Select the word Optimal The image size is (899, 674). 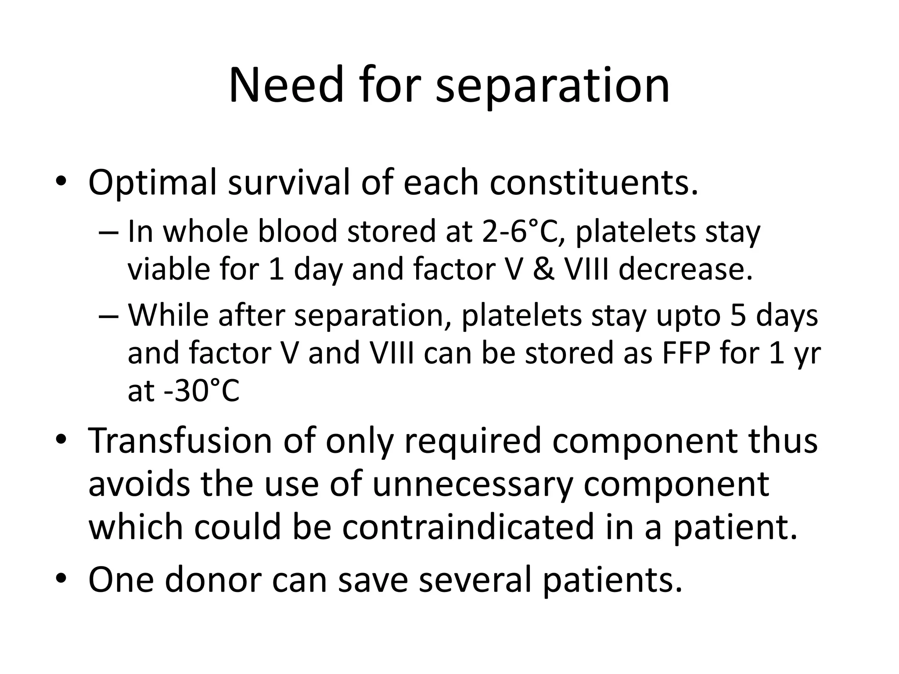(152, 183)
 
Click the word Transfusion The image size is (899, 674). (180, 441)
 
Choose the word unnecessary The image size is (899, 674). (473, 484)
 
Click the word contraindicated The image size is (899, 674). (468, 527)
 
